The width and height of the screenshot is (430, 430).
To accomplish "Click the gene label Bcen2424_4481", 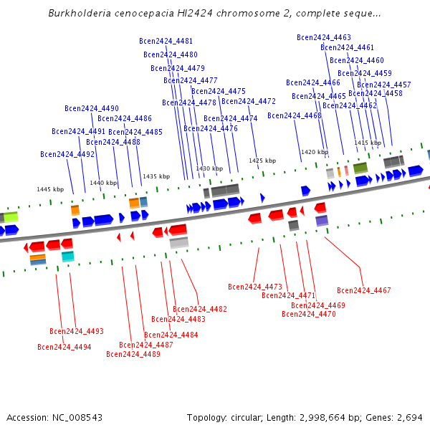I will pyautogui.click(x=166, y=41).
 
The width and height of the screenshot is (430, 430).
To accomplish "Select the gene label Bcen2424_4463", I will pyautogui.click(x=324, y=37).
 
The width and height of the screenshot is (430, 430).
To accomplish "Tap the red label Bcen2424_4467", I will pyautogui.click(x=364, y=290).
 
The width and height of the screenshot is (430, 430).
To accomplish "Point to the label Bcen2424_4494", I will pyautogui.click(x=64, y=347).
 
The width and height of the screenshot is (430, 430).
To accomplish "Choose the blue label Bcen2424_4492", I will pyautogui.click(x=67, y=154).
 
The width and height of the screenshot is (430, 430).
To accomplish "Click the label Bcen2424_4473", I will pyautogui.click(x=255, y=287).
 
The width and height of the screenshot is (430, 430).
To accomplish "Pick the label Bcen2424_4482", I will pyautogui.click(x=200, y=309).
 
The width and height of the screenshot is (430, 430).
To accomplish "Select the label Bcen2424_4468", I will pyautogui.click(x=295, y=115).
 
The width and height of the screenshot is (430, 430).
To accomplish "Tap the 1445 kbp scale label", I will pyautogui.click(x=50, y=189).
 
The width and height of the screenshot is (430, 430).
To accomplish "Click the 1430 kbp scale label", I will pyautogui.click(x=209, y=168).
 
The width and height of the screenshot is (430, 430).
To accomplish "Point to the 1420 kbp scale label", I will pyautogui.click(x=315, y=152).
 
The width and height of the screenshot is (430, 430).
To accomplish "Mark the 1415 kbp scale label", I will pyautogui.click(x=368, y=143).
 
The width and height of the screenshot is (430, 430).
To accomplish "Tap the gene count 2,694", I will pyautogui.click(x=410, y=417).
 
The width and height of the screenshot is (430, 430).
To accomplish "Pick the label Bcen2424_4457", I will pyautogui.click(x=384, y=85).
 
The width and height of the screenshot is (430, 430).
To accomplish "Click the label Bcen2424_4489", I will pyautogui.click(x=133, y=354).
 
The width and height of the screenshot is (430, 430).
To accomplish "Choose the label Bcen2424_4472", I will pyautogui.click(x=249, y=101).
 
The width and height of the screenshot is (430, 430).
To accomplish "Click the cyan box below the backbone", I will pyautogui.click(x=68, y=256).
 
